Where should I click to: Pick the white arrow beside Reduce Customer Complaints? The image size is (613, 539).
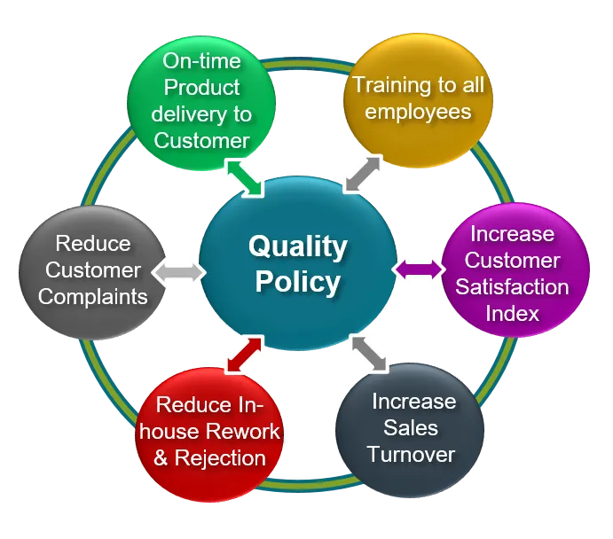[x=178, y=272]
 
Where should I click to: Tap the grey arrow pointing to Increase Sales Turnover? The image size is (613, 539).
[x=368, y=352]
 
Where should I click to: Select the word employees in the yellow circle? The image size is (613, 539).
[x=417, y=112]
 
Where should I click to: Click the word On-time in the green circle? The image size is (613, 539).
[x=201, y=61]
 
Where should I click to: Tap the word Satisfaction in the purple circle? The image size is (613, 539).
[x=513, y=287]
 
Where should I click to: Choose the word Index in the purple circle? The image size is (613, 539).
[x=512, y=314]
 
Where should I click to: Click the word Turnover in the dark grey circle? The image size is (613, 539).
[x=411, y=455]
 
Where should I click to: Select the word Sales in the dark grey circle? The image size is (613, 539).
[x=411, y=428]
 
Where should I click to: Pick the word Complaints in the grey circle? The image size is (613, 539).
[x=93, y=296]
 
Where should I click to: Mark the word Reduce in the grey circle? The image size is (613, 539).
[x=93, y=243]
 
